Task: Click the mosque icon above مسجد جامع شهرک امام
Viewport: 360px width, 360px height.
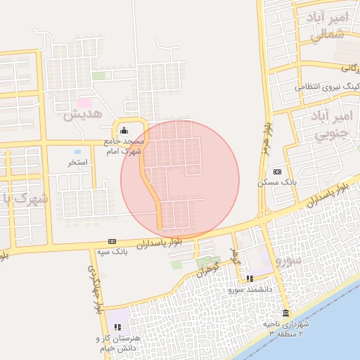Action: (124, 129)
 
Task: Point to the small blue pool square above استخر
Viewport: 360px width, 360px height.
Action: (77, 151)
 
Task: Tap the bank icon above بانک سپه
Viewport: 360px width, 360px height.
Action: (112, 241)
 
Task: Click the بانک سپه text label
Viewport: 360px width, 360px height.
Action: (112, 251)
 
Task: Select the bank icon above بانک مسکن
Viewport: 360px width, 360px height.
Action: (277, 172)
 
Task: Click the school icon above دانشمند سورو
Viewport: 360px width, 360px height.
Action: (250, 278)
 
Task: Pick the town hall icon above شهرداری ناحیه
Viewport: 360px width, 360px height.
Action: (285, 313)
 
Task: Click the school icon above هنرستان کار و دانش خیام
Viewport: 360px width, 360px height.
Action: (118, 327)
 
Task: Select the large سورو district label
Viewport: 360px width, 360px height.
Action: (288, 260)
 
